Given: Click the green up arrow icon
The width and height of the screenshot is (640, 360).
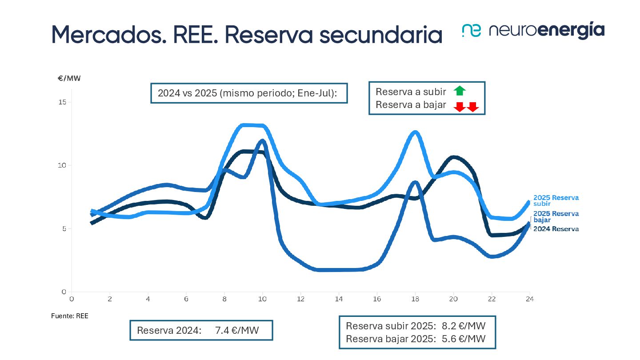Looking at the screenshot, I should (460, 91).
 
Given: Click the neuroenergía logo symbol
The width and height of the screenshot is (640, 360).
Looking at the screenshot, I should (472, 30).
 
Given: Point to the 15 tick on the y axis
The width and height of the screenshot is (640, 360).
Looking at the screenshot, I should (62, 102).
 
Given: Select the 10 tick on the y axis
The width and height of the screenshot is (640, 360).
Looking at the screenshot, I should (62, 165).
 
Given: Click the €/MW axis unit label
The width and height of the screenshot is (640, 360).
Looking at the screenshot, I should (69, 79).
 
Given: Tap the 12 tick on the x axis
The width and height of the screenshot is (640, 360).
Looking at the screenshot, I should (300, 299).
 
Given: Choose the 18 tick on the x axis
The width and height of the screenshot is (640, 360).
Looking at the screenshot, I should (415, 299).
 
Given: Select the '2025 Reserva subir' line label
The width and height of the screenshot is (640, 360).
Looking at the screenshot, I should (556, 200).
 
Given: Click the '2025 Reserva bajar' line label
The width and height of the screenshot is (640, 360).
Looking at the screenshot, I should (556, 216).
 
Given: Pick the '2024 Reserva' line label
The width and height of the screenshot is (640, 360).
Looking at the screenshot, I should (556, 229).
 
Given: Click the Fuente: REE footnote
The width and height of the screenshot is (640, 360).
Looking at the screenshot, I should (70, 316).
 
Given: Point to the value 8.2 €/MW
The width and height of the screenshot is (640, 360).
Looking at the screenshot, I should (464, 325).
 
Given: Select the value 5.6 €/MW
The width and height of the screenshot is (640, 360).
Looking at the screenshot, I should (464, 339).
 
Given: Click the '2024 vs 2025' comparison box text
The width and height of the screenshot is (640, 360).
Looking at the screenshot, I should (248, 93).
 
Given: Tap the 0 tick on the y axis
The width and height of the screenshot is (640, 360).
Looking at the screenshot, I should (64, 292).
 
